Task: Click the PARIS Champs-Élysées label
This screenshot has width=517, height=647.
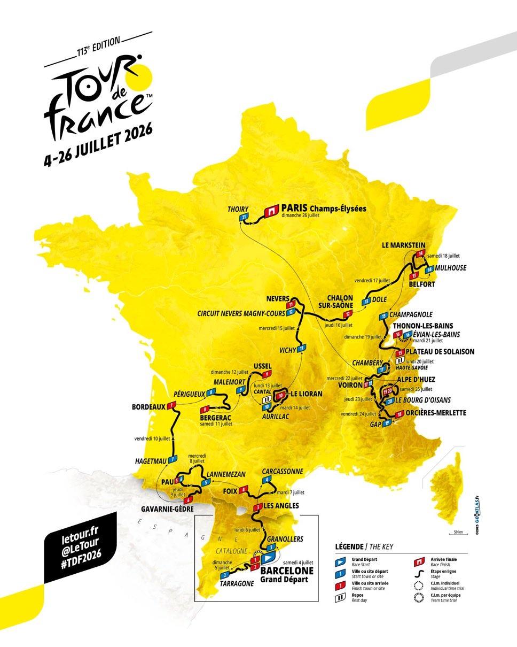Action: point(324,209)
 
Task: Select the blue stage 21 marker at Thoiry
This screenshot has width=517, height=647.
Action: point(244,217)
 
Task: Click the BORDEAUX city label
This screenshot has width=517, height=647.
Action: point(148,407)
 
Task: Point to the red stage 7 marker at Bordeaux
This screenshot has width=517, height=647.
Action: point(171,406)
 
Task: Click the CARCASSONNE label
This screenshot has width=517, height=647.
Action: point(283,471)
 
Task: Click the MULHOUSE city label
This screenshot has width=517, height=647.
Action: point(450,268)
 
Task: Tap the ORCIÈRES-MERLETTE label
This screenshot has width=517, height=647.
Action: point(436,413)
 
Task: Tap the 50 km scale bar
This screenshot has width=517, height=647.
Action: point(457,536)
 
